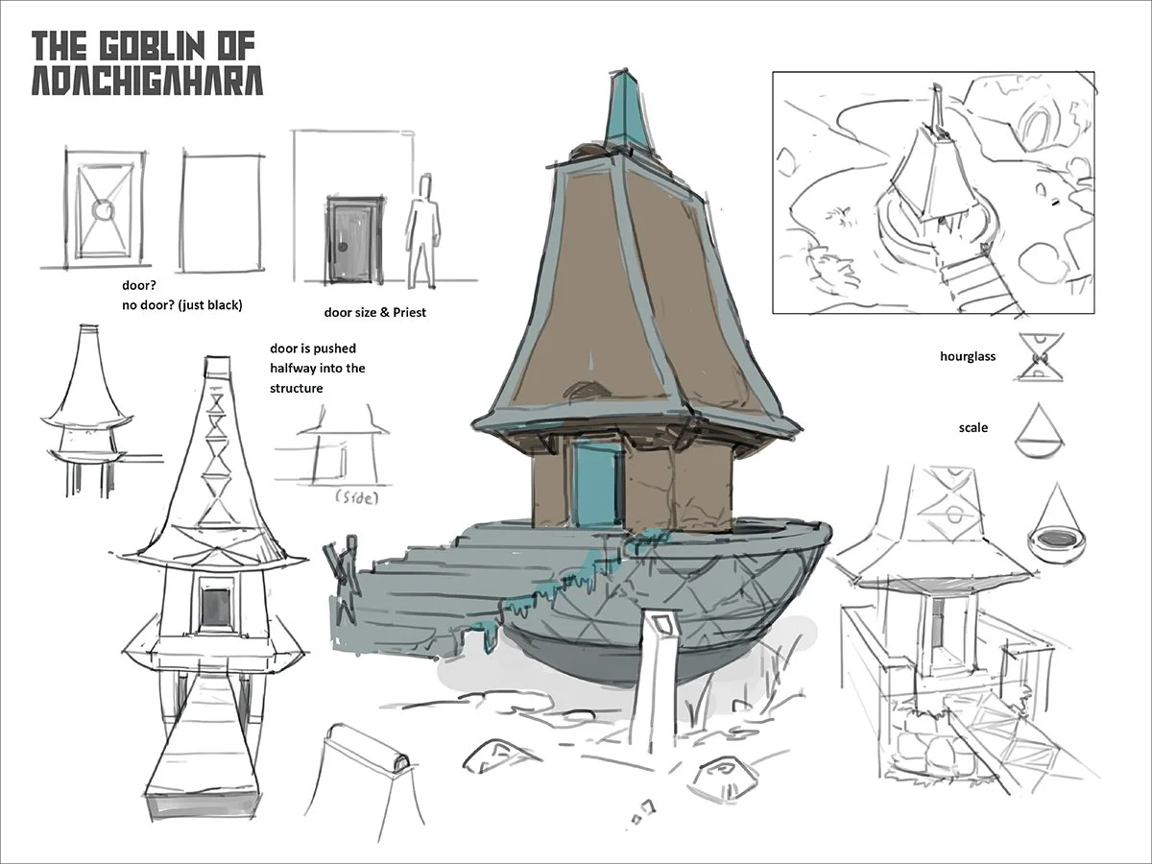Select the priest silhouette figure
(x=420, y=230)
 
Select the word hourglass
(x=968, y=356)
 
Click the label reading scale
(x=973, y=427)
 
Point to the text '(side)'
(x=357, y=499)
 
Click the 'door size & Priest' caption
(x=374, y=312)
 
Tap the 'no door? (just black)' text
(x=182, y=305)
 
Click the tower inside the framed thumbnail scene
(x=928, y=173)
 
